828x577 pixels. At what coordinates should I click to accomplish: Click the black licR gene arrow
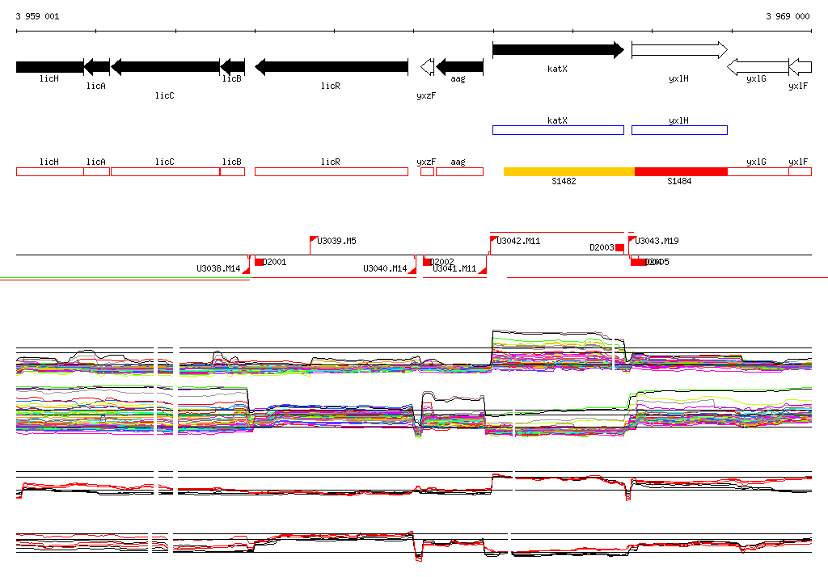(332, 66)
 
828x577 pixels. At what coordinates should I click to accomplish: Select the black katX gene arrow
(558, 50)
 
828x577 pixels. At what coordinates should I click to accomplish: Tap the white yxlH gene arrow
(679, 50)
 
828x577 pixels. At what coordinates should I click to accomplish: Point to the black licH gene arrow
(49, 66)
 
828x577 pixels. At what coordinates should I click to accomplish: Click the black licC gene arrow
(165, 66)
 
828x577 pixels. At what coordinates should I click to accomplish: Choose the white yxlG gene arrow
(757, 66)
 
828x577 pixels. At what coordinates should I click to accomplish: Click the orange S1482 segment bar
(568, 171)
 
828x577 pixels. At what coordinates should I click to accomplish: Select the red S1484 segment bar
(681, 171)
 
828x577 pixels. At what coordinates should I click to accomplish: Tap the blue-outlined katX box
(558, 130)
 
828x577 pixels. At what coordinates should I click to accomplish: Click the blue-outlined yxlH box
(679, 130)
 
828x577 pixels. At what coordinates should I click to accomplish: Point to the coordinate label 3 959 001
(37, 16)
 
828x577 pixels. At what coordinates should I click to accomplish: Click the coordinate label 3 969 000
(788, 16)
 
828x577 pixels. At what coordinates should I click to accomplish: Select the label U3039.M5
(337, 241)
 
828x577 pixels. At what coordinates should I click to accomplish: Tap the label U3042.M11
(518, 241)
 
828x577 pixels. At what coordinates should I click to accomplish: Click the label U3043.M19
(657, 241)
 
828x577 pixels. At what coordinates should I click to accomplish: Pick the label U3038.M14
(218, 268)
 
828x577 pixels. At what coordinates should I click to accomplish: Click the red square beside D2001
(259, 262)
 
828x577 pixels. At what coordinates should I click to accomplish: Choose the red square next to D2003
(619, 247)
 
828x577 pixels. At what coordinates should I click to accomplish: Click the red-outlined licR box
(332, 171)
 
